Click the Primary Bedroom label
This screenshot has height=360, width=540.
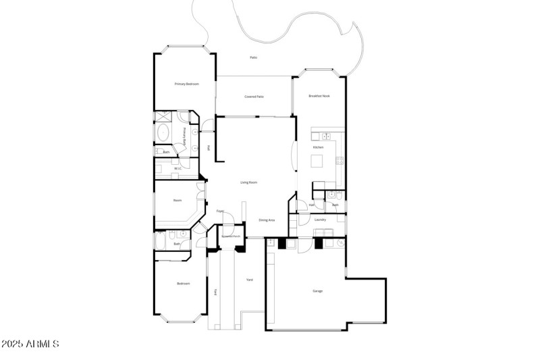tap(187, 84)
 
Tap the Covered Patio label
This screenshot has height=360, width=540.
tap(254, 97)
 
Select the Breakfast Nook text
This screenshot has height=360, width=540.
tap(319, 97)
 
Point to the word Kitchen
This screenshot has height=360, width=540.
tap(318, 147)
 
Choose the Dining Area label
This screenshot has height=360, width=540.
tap(267, 220)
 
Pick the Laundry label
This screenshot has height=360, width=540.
tap(321, 220)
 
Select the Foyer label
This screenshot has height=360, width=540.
tap(220, 212)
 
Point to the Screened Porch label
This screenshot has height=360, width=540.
tap(232, 236)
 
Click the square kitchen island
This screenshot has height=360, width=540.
tap(316, 161)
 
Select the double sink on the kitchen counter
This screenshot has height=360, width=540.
tap(325, 136)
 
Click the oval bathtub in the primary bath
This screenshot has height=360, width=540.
tap(163, 132)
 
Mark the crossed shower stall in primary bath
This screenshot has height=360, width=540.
tap(162, 116)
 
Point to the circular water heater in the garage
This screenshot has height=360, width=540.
tap(341, 241)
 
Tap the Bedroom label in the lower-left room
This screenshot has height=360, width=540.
tap(183, 284)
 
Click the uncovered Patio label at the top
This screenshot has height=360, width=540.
tap(254, 57)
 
